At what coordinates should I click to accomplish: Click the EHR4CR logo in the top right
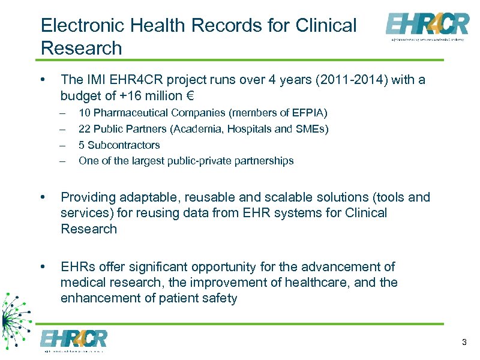[x=427, y=26]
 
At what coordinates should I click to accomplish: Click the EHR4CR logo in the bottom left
[x=73, y=340]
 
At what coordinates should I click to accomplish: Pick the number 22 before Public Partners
[x=85, y=129]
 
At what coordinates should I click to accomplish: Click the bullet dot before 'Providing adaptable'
[x=42, y=197]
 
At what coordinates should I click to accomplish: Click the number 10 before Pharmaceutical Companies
[x=85, y=113]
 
